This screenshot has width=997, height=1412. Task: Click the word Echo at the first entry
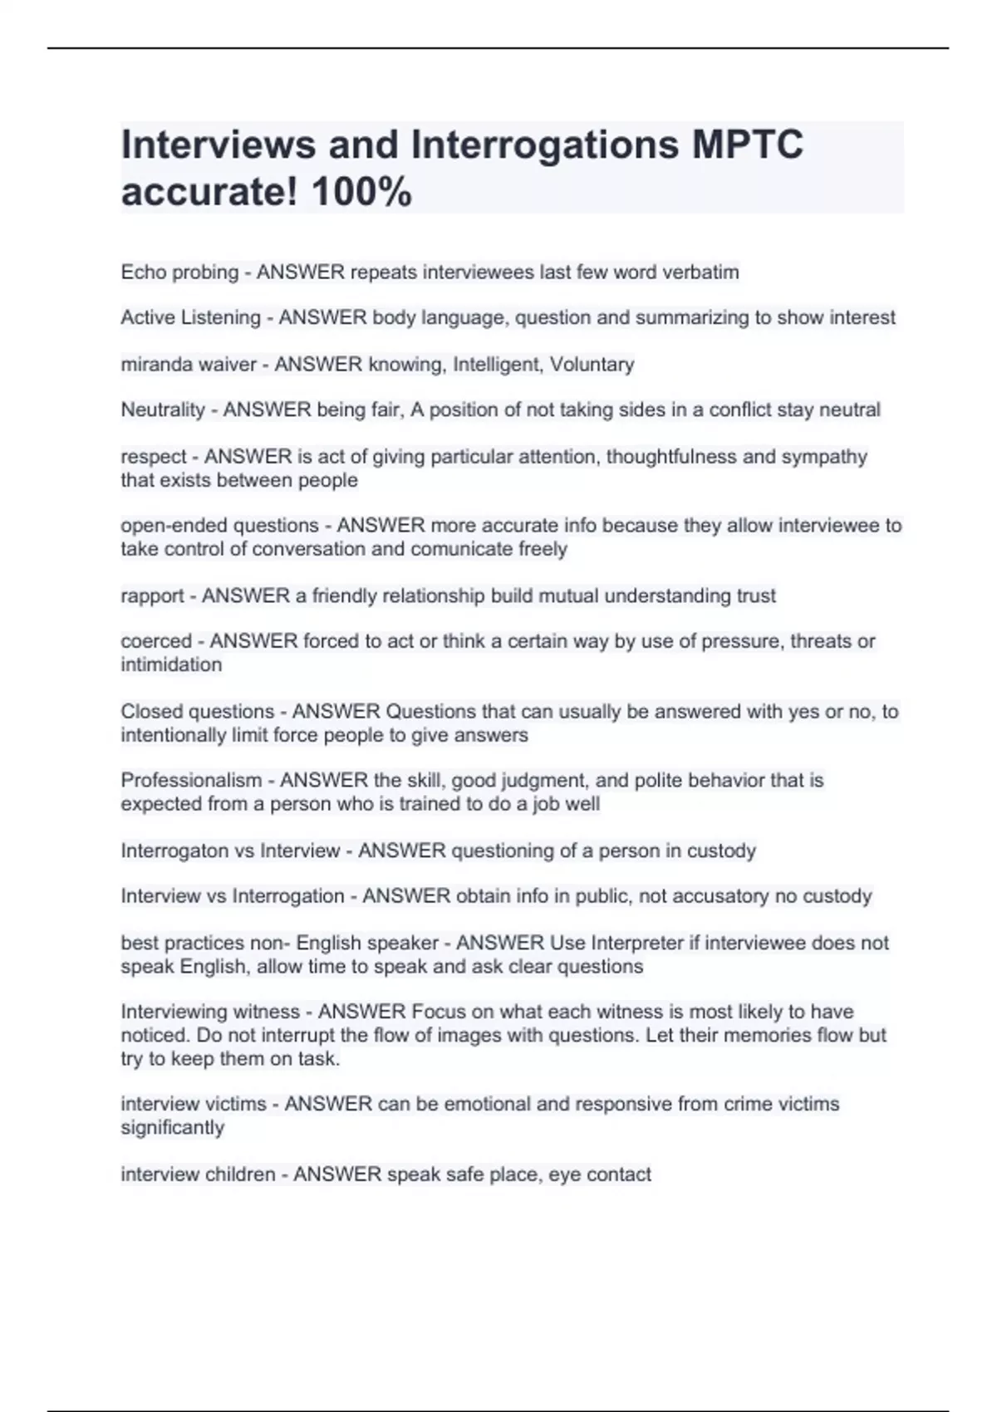click(143, 272)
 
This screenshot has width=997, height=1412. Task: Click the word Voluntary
click(592, 364)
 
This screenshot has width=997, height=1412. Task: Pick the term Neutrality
click(163, 409)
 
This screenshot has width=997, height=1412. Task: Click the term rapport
click(152, 596)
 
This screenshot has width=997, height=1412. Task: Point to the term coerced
click(156, 641)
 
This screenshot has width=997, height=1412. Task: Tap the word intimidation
click(171, 664)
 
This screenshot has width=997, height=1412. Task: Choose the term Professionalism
click(191, 780)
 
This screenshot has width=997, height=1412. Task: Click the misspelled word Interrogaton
click(173, 851)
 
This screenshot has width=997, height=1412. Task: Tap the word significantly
click(173, 1127)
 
